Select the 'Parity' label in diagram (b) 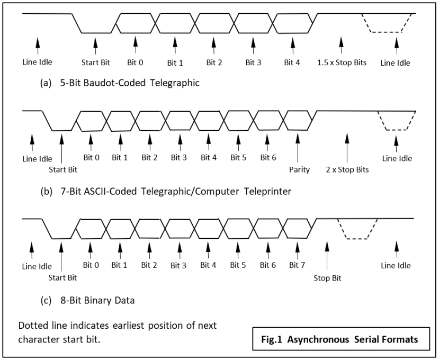(x=299, y=170)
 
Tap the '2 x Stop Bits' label (x=347, y=170)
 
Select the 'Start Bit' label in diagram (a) (x=96, y=62)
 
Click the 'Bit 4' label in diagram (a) (x=292, y=62)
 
